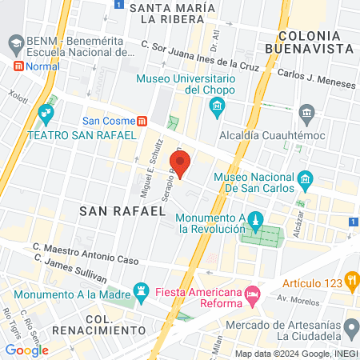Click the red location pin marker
coord(180,165)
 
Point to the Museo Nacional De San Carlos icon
coord(305,180)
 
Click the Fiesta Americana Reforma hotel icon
coord(252,295)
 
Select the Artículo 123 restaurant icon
coord(350,279)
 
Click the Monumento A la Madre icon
coord(142,289)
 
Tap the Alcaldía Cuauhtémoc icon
coord(305,112)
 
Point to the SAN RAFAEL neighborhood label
coord(122,211)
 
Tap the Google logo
coord(26,350)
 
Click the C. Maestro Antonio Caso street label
coord(86,254)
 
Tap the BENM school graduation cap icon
coord(14,39)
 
